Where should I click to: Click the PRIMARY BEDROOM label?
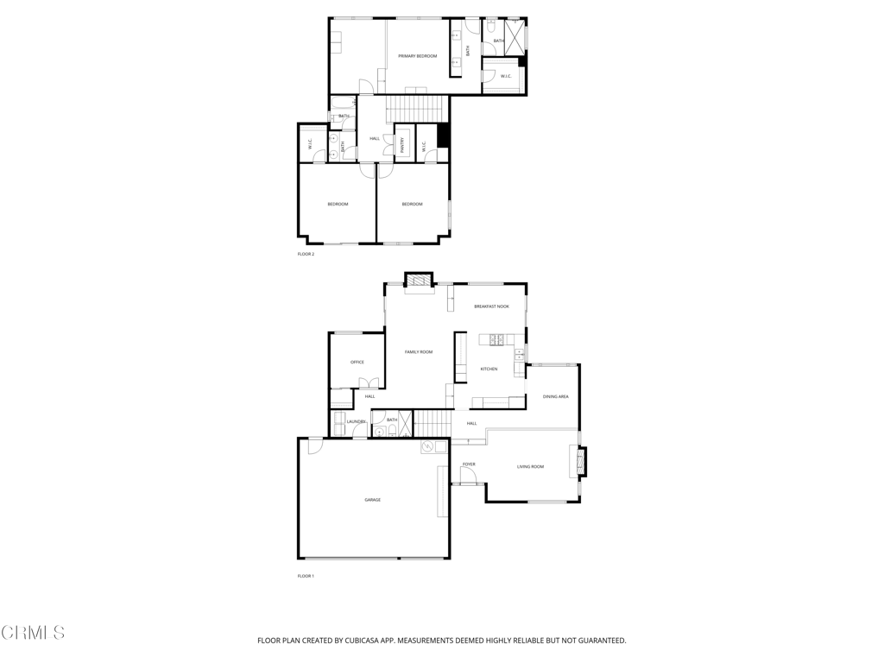point(417,56)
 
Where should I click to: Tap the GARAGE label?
point(372,500)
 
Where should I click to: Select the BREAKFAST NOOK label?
point(491,306)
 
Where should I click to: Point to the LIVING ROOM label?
point(530,467)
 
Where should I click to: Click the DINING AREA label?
point(555,396)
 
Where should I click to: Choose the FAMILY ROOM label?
point(419,352)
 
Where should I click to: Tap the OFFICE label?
point(357,363)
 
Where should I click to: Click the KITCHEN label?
point(489,369)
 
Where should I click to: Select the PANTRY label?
point(402,147)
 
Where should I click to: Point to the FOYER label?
point(469,464)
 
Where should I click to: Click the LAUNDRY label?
point(356,421)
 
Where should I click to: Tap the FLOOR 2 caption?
point(306,254)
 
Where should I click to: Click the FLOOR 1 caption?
point(306,576)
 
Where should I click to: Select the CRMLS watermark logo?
point(33,633)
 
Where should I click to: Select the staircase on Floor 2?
point(418,110)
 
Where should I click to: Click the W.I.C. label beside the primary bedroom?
point(505,76)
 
